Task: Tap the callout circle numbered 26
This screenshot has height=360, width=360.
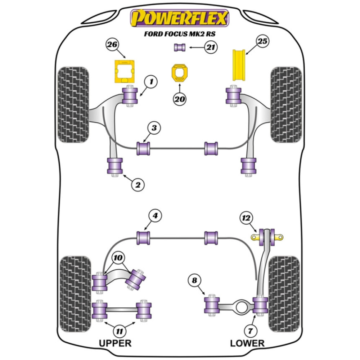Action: click(x=112, y=45)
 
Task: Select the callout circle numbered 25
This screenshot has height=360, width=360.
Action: click(x=262, y=42)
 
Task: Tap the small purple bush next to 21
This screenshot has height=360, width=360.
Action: click(x=180, y=47)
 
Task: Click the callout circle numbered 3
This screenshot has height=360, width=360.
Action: click(x=154, y=128)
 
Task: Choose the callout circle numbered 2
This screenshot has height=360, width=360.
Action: click(x=138, y=185)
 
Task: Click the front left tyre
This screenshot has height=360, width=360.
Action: click(x=73, y=104)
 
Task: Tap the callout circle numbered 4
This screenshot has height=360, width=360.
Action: click(x=155, y=216)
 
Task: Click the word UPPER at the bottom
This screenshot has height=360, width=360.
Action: click(x=115, y=343)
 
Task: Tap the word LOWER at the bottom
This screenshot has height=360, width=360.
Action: click(x=247, y=343)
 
